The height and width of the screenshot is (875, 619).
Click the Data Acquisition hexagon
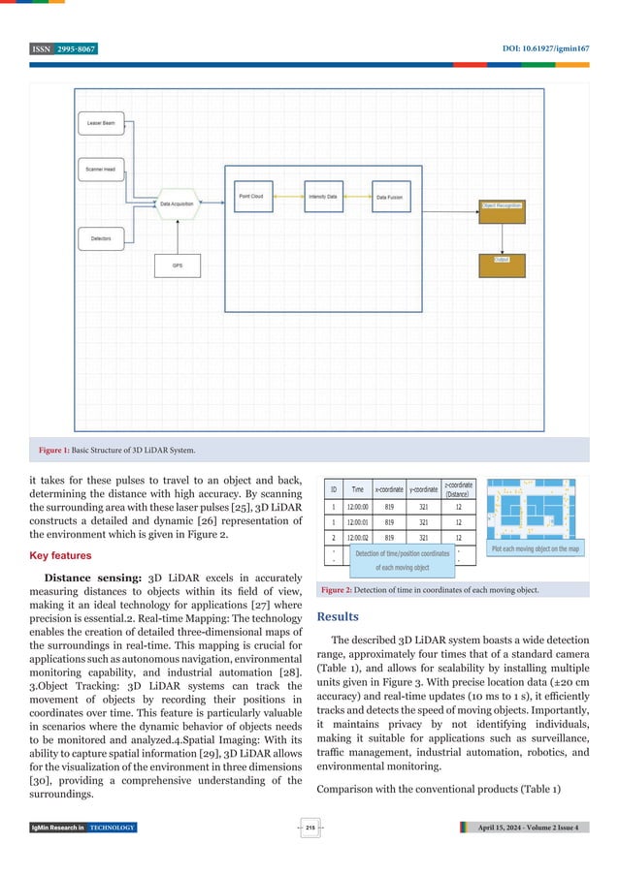(x=177, y=203)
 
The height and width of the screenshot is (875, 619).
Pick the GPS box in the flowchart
(x=177, y=265)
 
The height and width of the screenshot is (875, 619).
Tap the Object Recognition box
(x=502, y=205)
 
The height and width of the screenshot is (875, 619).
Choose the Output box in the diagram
(x=502, y=260)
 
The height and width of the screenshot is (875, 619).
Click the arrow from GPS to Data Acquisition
(x=177, y=234)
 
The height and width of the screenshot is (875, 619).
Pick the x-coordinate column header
(x=389, y=488)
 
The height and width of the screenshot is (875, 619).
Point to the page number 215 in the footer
(x=309, y=827)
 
